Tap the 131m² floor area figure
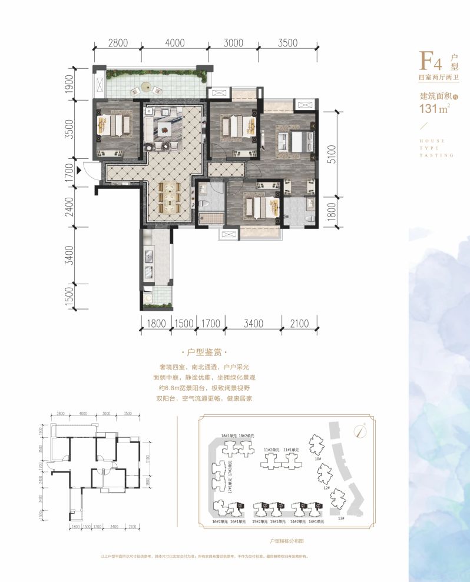tap(432, 108)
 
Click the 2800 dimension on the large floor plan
tap(118, 42)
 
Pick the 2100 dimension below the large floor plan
tap(300, 322)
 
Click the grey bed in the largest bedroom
tap(290, 142)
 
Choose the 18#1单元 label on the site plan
tap(229, 435)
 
